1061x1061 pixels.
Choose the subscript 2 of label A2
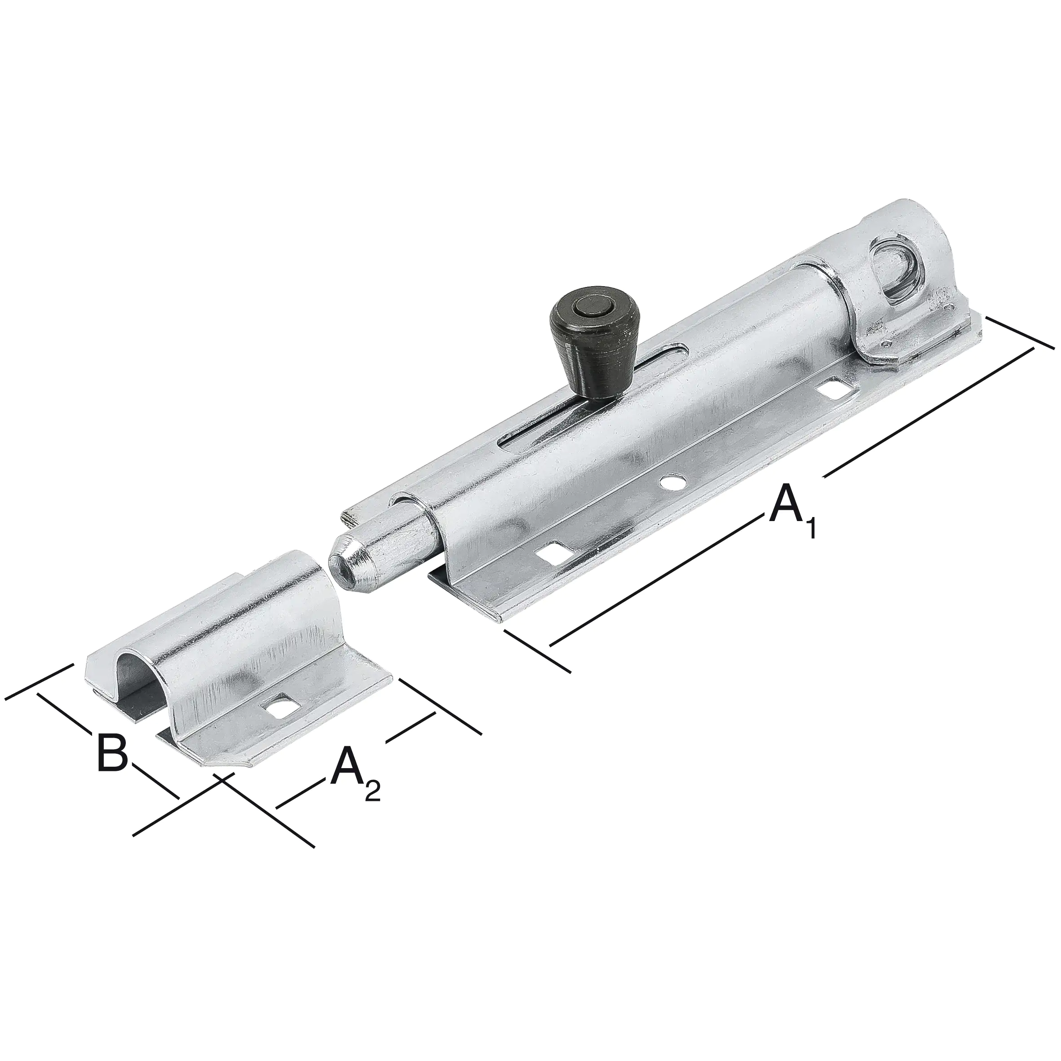[372, 791]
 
